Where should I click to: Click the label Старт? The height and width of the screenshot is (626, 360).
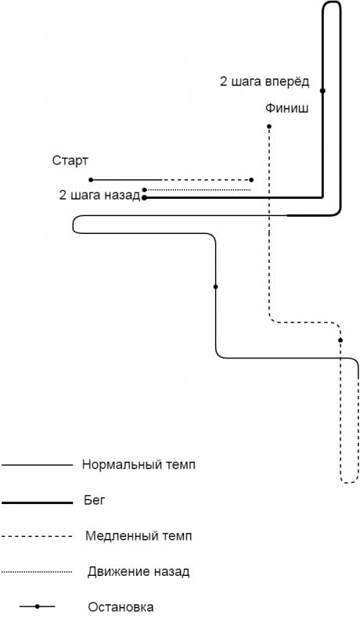[70, 161]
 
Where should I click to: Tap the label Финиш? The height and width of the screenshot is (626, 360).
[286, 108]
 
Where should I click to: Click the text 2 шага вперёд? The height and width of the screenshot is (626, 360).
[265, 81]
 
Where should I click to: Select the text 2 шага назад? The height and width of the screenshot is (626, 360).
[99, 195]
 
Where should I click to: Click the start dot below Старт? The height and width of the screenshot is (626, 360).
[91, 180]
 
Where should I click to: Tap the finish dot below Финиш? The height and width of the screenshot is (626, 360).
[269, 127]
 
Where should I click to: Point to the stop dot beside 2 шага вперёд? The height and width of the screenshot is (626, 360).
[322, 91]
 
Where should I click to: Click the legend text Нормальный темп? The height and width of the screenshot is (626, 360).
[139, 465]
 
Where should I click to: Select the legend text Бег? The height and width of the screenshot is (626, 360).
[94, 500]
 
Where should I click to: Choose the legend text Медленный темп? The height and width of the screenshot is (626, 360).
[139, 536]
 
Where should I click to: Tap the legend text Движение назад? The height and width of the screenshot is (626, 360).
[139, 572]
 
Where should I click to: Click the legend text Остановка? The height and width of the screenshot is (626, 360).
[121, 607]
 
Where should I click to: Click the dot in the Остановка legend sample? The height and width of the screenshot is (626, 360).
[37, 606]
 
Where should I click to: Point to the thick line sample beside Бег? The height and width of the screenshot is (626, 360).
[37, 502]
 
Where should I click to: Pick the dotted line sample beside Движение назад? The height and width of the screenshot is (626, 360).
[37, 572]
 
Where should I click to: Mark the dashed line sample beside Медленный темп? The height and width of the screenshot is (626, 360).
[37, 536]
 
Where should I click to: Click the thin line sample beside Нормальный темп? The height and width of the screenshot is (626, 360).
[37, 465]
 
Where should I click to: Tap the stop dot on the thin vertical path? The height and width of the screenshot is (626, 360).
[215, 286]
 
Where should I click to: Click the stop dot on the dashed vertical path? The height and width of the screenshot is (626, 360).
[340, 340]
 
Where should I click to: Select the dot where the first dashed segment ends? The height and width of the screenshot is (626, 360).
[251, 180]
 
